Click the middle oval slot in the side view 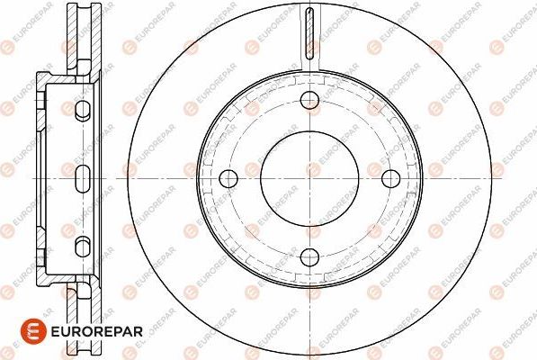[x=82, y=176]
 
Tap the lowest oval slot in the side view [x=82, y=245]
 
